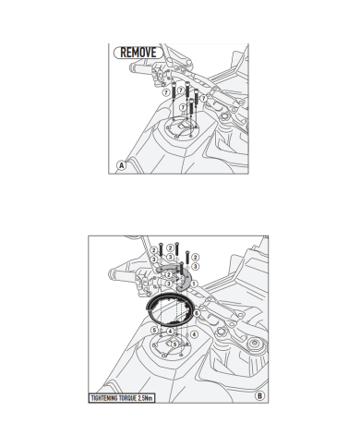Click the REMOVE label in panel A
point(138,53)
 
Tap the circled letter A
point(122,165)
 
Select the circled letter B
point(259,396)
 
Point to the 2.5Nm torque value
point(145,398)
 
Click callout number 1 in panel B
point(194,284)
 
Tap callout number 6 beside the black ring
point(197,313)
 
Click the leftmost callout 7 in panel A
point(166,92)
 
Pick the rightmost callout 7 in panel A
point(204,98)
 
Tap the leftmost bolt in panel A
point(174,91)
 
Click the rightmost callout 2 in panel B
point(195,257)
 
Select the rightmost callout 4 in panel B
point(194,334)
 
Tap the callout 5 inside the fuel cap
point(174,344)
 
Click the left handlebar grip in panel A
point(140,66)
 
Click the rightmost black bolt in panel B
point(187,258)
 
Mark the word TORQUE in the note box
point(128,398)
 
